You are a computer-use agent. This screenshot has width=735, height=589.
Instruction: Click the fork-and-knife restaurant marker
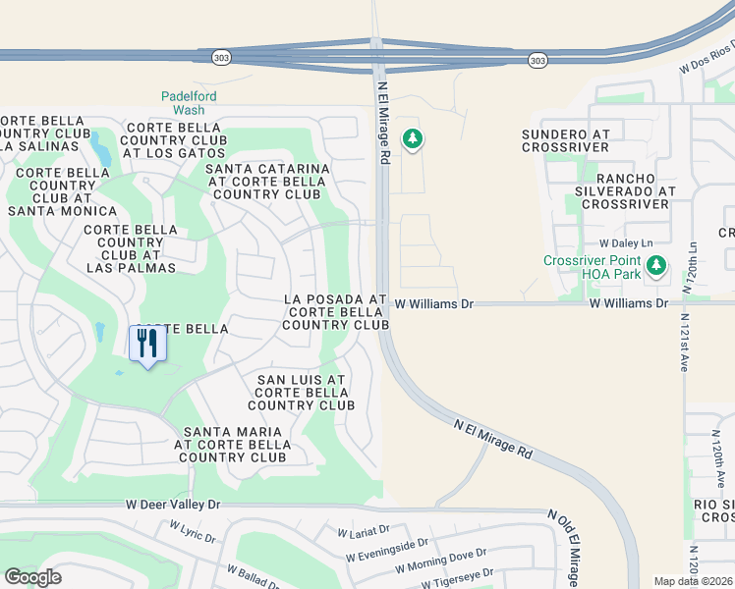tap(147, 344)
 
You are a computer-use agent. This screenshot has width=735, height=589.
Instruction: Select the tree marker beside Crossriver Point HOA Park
tap(656, 265)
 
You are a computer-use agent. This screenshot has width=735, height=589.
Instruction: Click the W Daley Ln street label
tap(625, 242)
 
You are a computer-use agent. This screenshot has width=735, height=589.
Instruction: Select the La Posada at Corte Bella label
tap(334, 311)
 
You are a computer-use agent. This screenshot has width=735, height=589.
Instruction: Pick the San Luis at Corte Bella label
tap(301, 392)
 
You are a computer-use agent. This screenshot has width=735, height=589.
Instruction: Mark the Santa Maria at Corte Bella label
tap(232, 444)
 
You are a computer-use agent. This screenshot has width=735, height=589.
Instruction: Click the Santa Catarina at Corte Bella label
tap(267, 181)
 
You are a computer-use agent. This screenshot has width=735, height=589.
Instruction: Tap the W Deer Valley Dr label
tap(174, 504)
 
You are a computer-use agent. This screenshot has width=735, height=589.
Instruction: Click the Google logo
tap(32, 577)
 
